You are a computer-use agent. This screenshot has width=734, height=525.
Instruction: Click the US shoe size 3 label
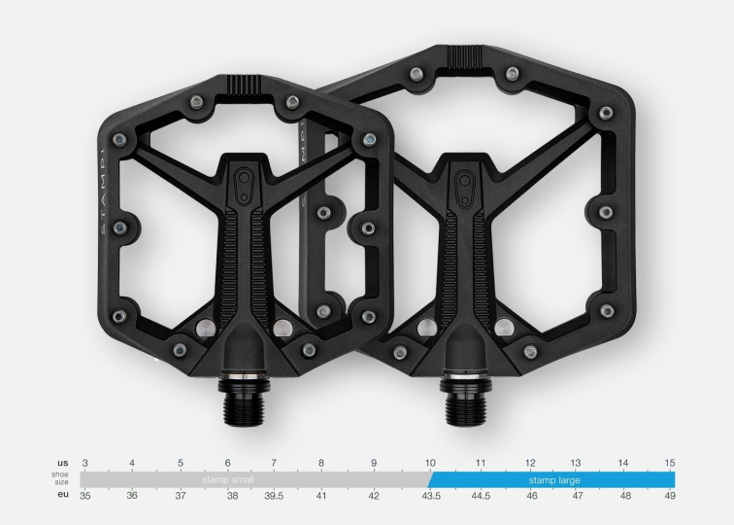pos(85,463)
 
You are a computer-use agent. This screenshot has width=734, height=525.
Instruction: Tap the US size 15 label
pos(669,463)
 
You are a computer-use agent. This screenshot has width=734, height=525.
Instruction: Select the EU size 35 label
pos(85,496)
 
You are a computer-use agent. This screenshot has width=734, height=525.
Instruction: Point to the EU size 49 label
pos(669,496)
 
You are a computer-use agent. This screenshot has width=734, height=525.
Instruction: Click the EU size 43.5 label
pos(429,496)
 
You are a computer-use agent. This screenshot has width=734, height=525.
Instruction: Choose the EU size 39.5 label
pos(274,496)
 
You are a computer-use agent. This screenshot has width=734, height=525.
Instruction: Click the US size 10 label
pos(429,463)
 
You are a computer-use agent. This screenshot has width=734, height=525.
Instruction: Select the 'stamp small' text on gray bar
pos(229,479)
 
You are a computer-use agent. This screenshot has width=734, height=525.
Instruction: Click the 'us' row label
pos(62,463)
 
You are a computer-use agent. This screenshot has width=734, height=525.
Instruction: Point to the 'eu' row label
pos(62,496)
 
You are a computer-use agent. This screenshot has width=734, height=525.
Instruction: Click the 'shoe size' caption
pos(61,479)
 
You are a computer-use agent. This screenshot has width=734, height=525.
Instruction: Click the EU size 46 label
pos(531,496)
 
